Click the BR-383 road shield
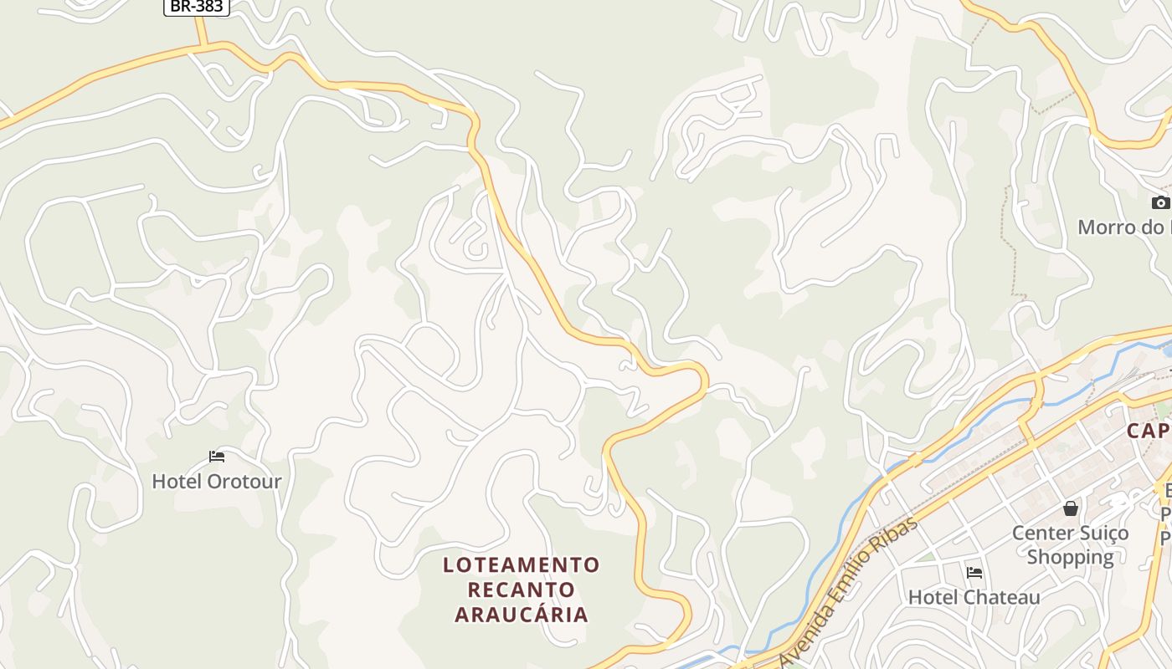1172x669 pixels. tap(195, 7)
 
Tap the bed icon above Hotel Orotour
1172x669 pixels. tap(217, 457)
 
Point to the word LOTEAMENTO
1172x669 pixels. tap(522, 565)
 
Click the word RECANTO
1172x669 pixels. tap(522, 590)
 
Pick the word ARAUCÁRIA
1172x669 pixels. tap(522, 615)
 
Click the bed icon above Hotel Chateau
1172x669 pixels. tap(974, 573)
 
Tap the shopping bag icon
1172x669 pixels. tap(1071, 508)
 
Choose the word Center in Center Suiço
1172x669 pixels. tap(1042, 533)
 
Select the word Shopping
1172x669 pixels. tap(1071, 557)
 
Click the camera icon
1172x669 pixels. tap(1160, 202)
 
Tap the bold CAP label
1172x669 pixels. tap(1148, 431)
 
